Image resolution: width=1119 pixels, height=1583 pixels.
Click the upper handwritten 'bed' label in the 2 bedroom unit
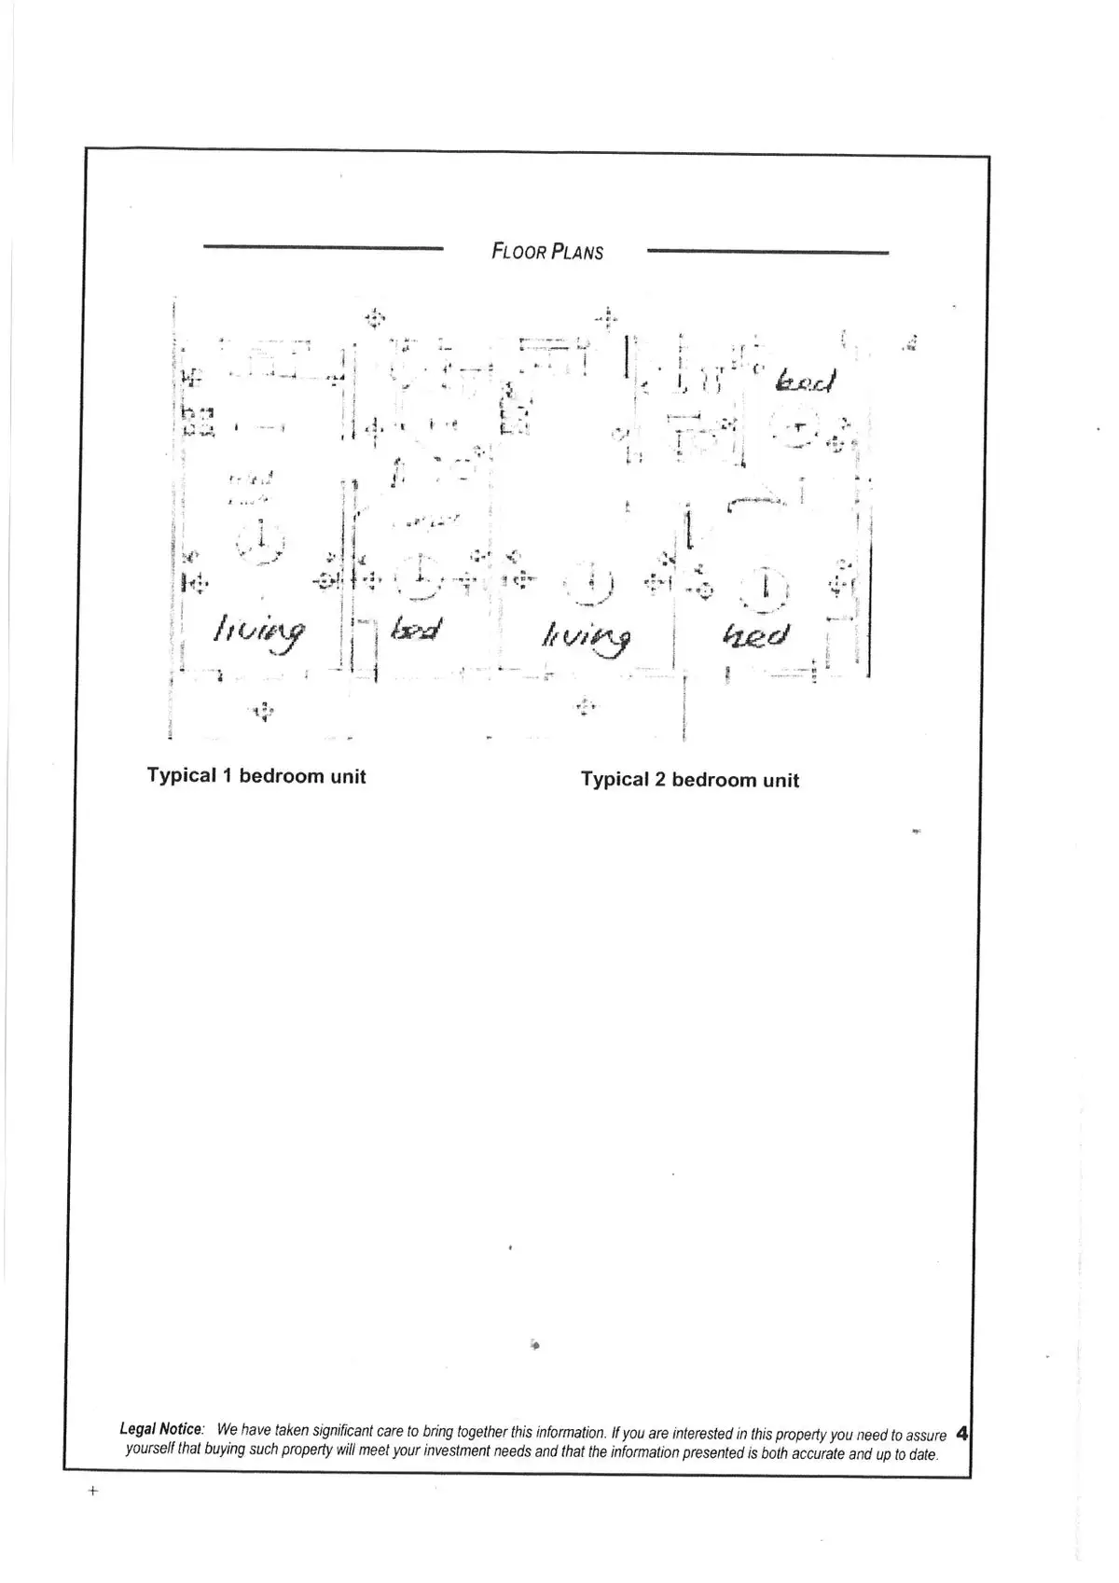click(x=807, y=381)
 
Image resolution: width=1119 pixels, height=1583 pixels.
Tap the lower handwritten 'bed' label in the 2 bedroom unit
click(x=756, y=636)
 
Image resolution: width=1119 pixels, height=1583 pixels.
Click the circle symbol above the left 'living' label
click(x=261, y=541)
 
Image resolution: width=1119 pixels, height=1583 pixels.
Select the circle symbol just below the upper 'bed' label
click(x=795, y=429)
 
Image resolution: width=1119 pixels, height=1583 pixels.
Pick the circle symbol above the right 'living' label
click(x=589, y=584)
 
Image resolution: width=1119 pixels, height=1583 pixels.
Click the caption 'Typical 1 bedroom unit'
click(x=256, y=776)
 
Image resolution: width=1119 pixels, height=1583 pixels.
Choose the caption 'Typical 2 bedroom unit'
click(x=690, y=780)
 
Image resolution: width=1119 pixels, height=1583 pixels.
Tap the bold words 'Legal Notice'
click(x=161, y=1429)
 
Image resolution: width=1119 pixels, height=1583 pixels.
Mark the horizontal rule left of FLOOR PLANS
click(x=323, y=247)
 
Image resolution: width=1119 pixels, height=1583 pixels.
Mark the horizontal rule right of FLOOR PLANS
click(x=767, y=252)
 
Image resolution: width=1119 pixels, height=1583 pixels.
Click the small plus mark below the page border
click(x=92, y=1491)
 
